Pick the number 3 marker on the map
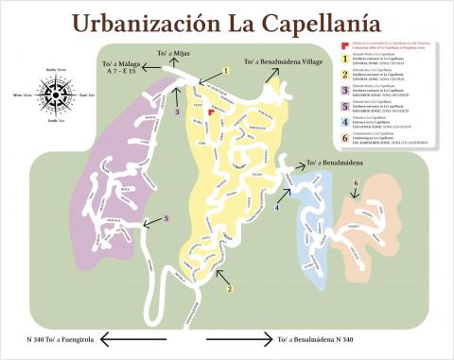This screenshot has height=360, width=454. (177, 111)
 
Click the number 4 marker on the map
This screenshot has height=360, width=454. (278, 206)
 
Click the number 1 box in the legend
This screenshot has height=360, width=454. (343, 60)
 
